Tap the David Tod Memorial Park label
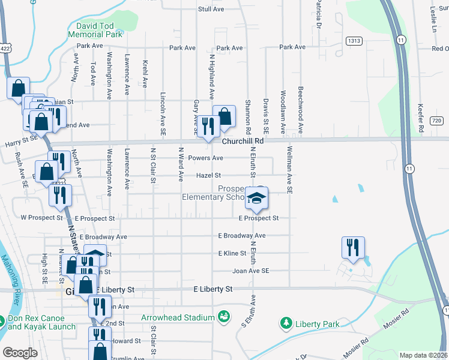click(99, 30)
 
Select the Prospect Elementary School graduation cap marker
click(256, 199)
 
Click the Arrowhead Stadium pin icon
click(224, 316)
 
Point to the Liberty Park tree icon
click(286, 324)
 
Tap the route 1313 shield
click(353, 40)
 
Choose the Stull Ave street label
click(211, 10)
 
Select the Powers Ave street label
click(205, 158)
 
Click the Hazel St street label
click(209, 176)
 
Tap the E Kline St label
click(232, 253)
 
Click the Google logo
click(20, 353)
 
